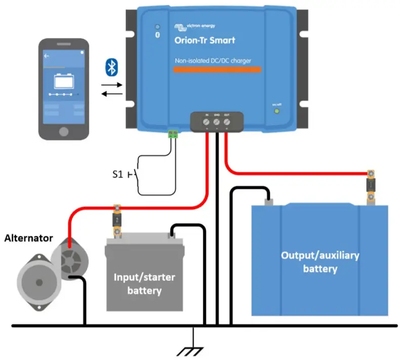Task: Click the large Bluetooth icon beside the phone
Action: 111,67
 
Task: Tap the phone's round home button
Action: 64,132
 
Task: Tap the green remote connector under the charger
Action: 173,134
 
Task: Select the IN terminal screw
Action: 207,122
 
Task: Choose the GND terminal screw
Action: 216,122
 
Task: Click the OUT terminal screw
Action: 226,122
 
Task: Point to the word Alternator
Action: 28,238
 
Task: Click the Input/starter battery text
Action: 144,284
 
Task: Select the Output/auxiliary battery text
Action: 320,262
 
